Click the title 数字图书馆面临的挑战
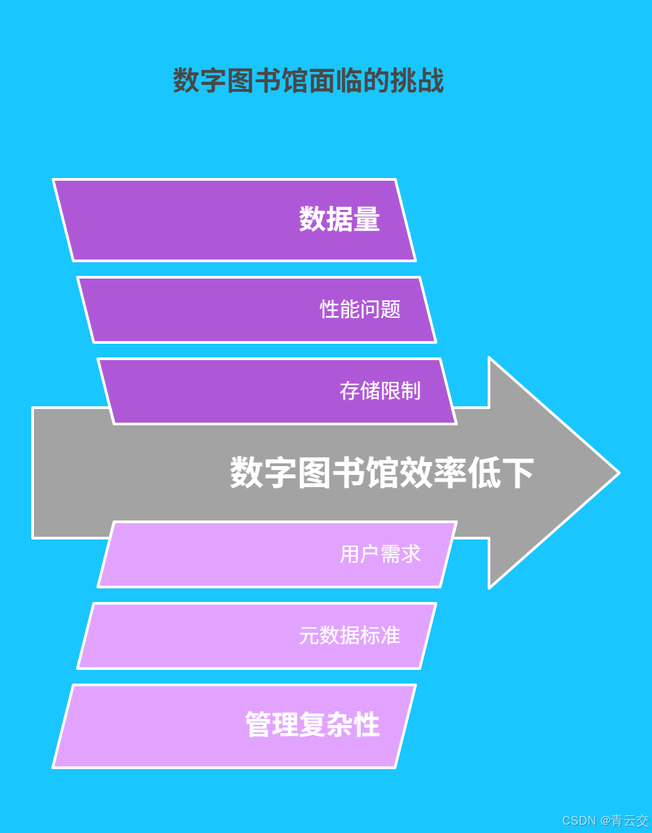pyautogui.click(x=308, y=81)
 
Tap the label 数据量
pyautogui.click(x=339, y=219)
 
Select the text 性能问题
pyautogui.click(x=360, y=309)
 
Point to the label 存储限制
pyautogui.click(x=380, y=391)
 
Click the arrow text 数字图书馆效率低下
pyautogui.click(x=382, y=473)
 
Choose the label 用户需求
pyautogui.click(x=380, y=554)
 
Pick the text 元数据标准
pyautogui.click(x=349, y=635)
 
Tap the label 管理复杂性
pyautogui.click(x=312, y=724)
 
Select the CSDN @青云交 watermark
pyautogui.click(x=605, y=820)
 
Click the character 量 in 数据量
pyautogui.click(x=367, y=219)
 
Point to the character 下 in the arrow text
pyautogui.click(x=518, y=473)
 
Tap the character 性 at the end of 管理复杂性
pyautogui.click(x=367, y=724)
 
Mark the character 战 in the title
pyautogui.click(x=431, y=81)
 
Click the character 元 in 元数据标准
pyautogui.click(x=309, y=635)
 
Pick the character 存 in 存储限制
pyautogui.click(x=350, y=391)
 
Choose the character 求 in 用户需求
pyautogui.click(x=410, y=554)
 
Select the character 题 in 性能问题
pyautogui.click(x=391, y=309)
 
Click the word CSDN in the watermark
pyautogui.click(x=579, y=821)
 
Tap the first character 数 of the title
pyautogui.click(x=186, y=81)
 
